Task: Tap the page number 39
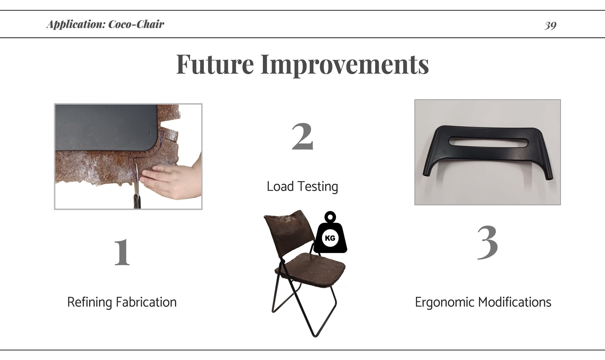coord(550,25)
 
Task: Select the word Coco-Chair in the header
coord(136,24)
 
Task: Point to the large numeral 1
coord(122,252)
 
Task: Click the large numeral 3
coord(487,243)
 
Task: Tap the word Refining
coord(90,302)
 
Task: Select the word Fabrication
coord(146,302)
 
